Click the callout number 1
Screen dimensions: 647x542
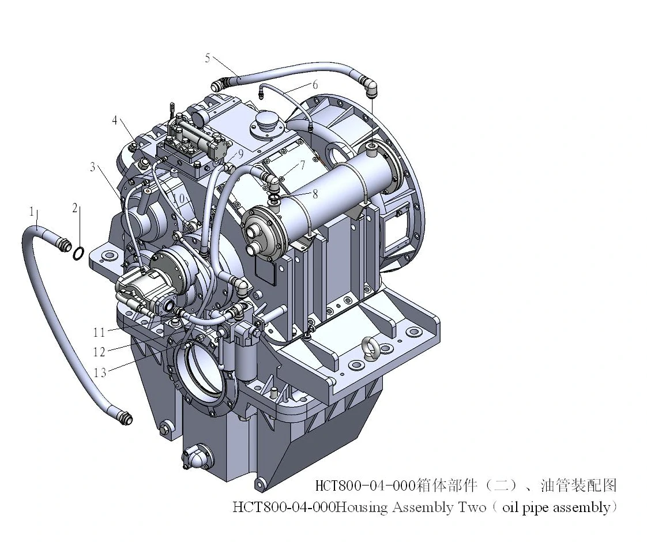pyautogui.click(x=31, y=212)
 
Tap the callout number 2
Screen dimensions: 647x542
pyautogui.click(x=75, y=208)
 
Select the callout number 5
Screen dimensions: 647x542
pyautogui.click(x=208, y=58)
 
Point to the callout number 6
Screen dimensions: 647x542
pyautogui.click(x=315, y=85)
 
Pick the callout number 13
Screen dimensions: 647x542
pyautogui.click(x=100, y=373)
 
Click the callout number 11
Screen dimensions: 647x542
pyautogui.click(x=99, y=332)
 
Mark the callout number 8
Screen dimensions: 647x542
pyautogui.click(x=315, y=194)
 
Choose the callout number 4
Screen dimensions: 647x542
pyautogui.click(x=115, y=120)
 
